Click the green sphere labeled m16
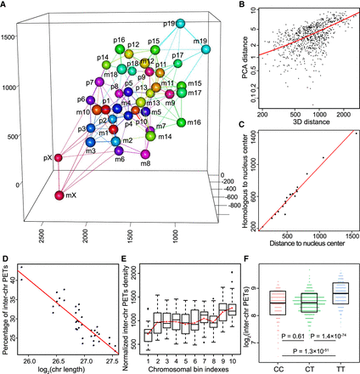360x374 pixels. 183,123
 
